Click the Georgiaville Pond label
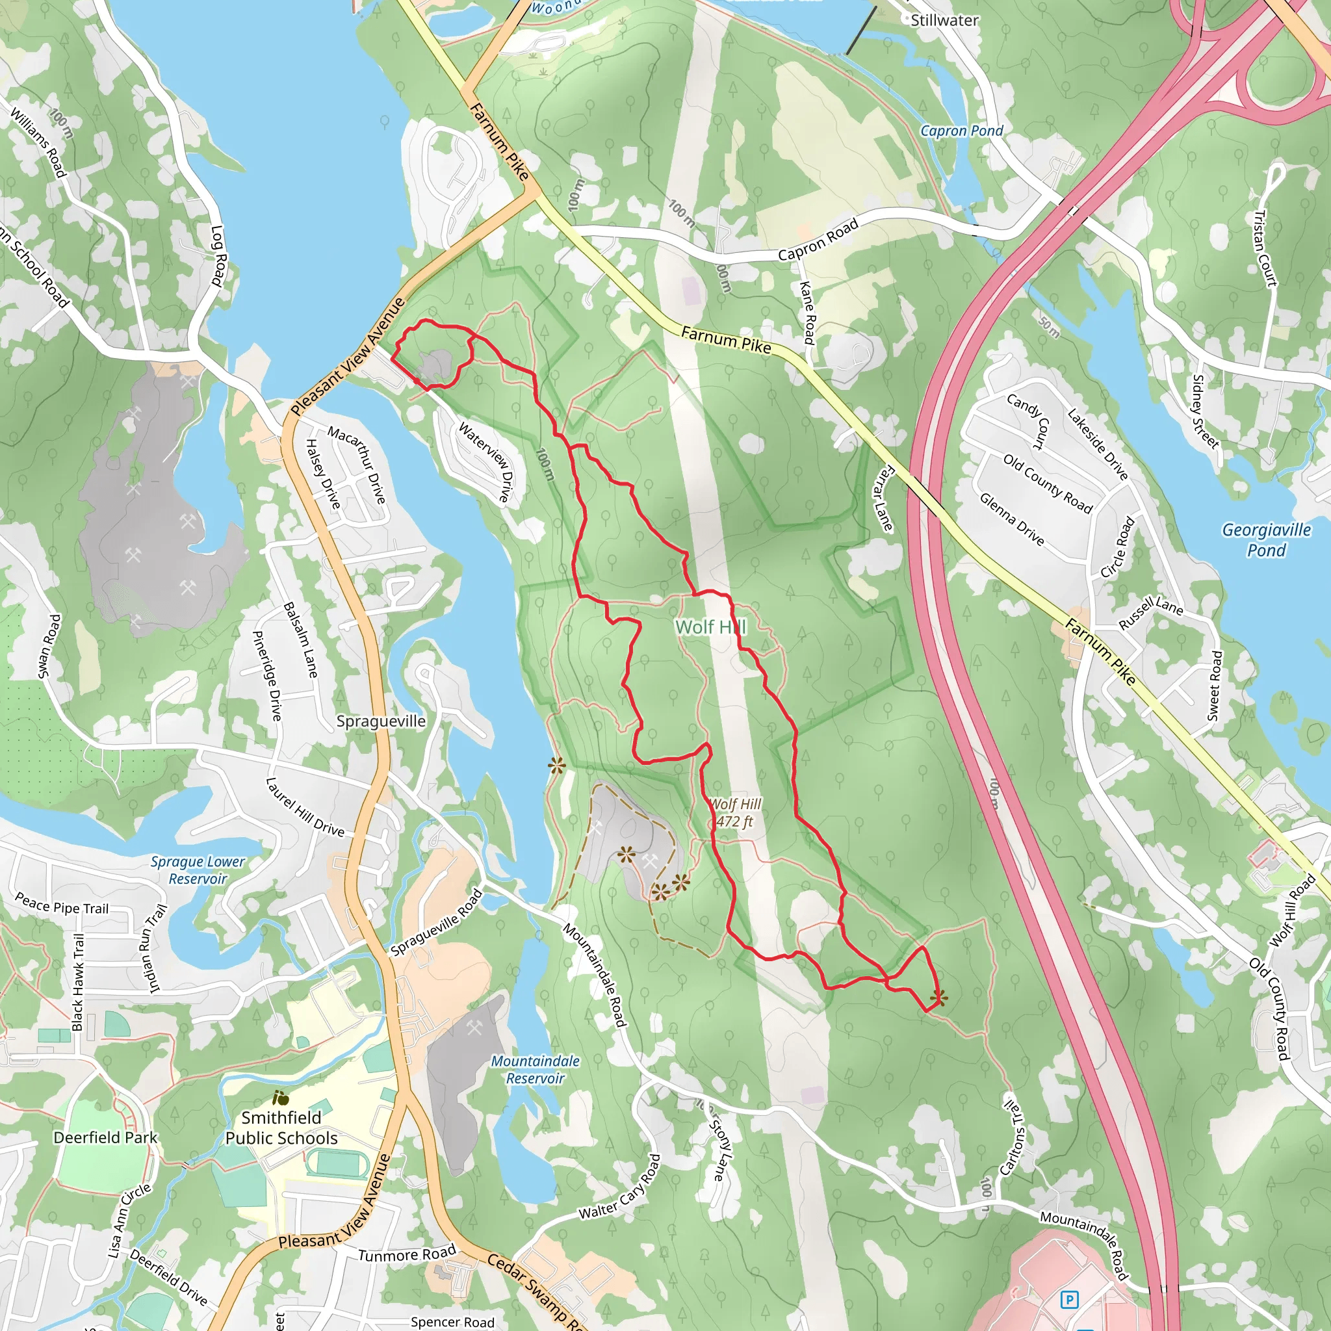(x=1266, y=539)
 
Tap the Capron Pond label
(x=961, y=131)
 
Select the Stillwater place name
(x=944, y=21)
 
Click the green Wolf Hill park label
(x=710, y=627)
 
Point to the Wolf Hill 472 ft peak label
(x=735, y=812)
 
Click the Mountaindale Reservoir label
(x=535, y=1069)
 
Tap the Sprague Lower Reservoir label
(x=198, y=870)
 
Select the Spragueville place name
(x=381, y=721)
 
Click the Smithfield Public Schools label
(x=281, y=1128)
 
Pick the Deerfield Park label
(x=105, y=1137)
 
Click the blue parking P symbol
(x=1068, y=1300)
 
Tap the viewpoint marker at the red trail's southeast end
(x=938, y=996)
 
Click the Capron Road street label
(x=818, y=240)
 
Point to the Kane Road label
(x=807, y=312)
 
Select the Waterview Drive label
(x=485, y=461)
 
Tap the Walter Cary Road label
(x=620, y=1188)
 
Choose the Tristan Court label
(x=1265, y=248)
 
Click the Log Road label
(x=218, y=255)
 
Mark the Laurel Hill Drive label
(x=305, y=807)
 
